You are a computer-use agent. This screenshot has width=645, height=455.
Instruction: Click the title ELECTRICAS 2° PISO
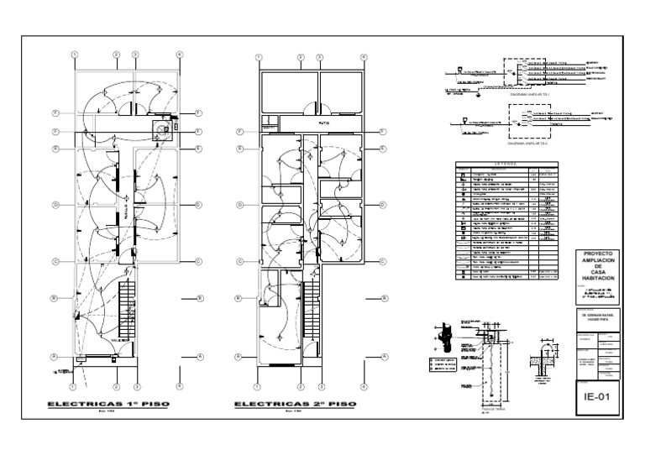(x=294, y=404)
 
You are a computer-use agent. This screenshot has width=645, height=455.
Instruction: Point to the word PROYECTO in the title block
(x=600, y=253)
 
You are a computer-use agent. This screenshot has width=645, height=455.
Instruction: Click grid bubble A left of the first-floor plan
(x=53, y=357)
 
